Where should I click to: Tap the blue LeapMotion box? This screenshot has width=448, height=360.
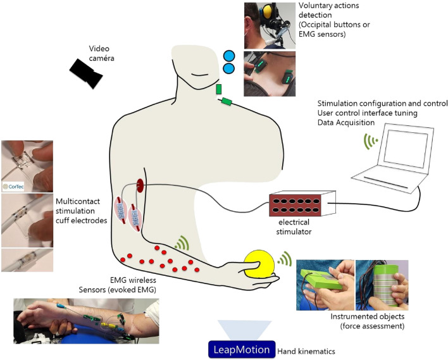[x=242, y=349]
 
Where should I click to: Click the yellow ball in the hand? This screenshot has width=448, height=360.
[x=259, y=264]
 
